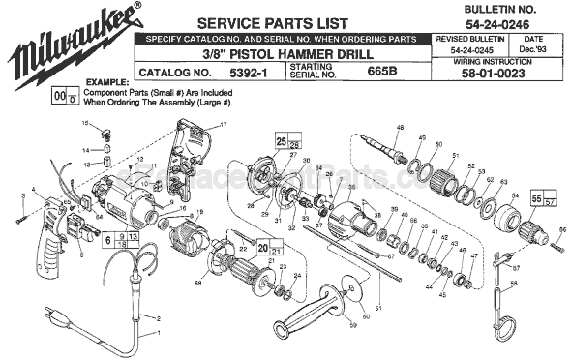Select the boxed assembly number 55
point(535,196)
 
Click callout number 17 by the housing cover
point(222,126)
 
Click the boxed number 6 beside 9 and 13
point(108,237)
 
